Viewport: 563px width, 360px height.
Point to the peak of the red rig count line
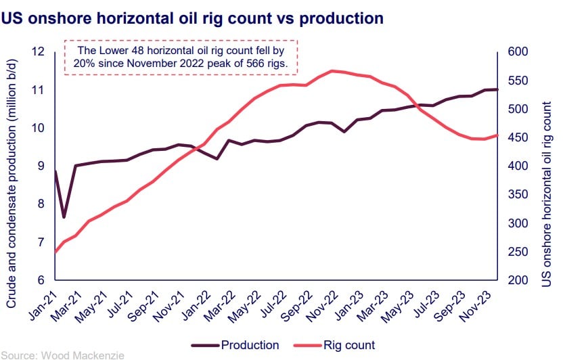(331, 70)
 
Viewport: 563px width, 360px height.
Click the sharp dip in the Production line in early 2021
(64, 217)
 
